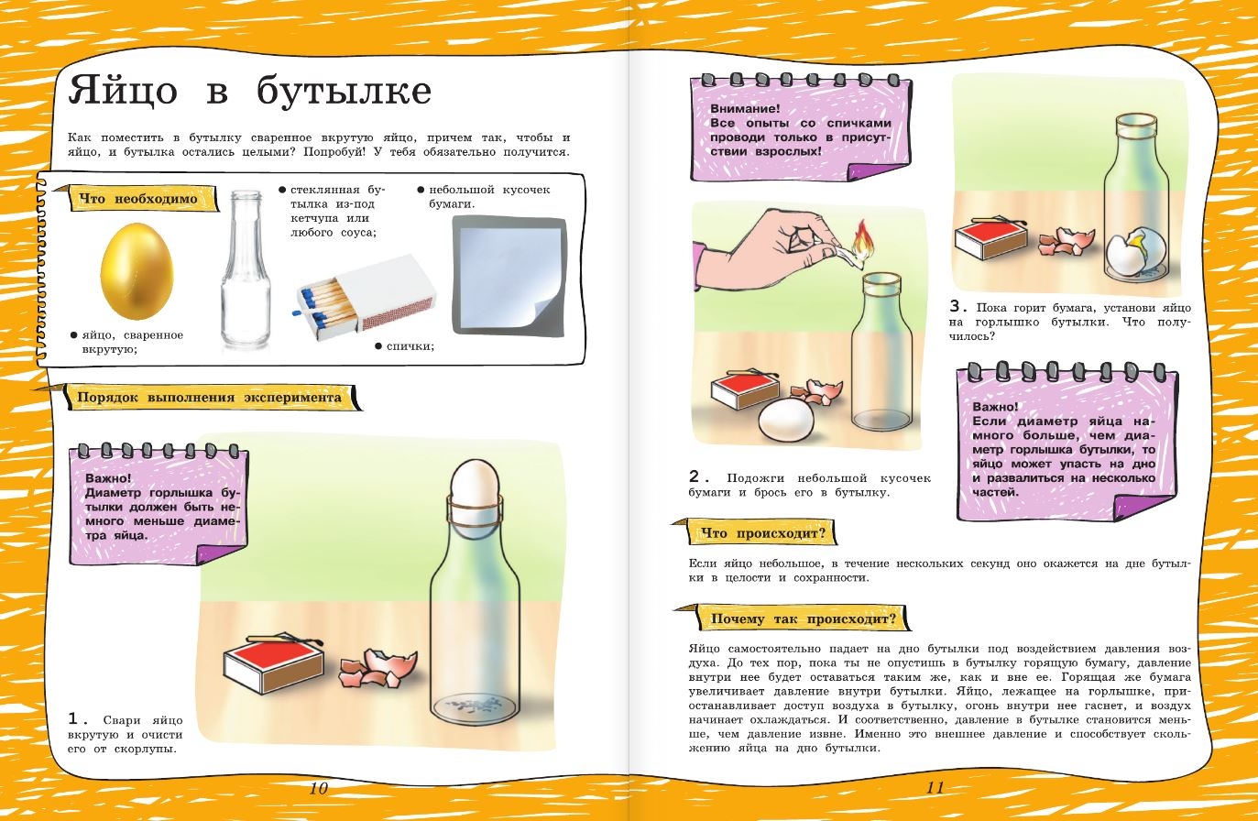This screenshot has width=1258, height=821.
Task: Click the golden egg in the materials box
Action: point(137,270)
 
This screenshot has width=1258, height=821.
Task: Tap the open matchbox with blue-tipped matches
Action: point(365,298)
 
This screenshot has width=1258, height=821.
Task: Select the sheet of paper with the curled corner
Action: point(509,276)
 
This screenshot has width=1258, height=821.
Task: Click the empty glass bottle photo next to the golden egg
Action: point(246,268)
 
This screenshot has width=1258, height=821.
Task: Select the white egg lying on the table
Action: point(786,420)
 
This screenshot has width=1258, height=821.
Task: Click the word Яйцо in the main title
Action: point(123,90)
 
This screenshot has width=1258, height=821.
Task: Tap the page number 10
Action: point(319,788)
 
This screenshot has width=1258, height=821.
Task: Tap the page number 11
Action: point(935,787)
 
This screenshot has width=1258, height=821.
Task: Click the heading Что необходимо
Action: point(138,199)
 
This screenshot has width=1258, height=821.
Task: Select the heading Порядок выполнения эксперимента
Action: point(209,398)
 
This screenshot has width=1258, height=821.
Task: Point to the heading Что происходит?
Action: point(762,533)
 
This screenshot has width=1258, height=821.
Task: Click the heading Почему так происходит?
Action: point(804,618)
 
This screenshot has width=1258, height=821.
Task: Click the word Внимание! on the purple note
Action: point(745,108)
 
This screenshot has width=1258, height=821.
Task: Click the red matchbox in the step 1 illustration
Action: point(274,665)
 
